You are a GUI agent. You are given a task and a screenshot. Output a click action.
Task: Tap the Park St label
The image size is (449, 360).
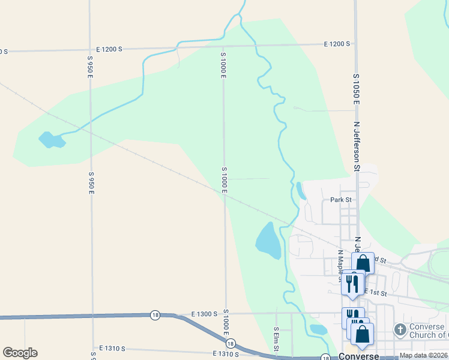tap(340, 199)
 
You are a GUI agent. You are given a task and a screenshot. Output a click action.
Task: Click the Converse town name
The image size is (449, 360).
tap(358, 356)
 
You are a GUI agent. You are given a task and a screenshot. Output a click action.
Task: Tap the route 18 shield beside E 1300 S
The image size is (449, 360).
tap(155, 315)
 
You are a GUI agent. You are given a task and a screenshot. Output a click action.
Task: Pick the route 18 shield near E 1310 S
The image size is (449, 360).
tap(231, 344)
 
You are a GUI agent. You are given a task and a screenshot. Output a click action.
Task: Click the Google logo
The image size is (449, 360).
tap(20, 353)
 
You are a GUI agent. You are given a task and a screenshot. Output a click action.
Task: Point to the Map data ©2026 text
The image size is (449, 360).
tap(423, 355)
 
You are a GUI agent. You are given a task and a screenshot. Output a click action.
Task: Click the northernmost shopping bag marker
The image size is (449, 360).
tap(363, 263)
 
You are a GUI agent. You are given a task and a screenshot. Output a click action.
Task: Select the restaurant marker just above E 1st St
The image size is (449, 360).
tap(352, 283)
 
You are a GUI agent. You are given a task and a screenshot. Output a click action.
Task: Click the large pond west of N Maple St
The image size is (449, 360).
tap(268, 241)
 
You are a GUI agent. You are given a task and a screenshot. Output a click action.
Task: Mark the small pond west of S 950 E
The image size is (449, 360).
tap(52, 140)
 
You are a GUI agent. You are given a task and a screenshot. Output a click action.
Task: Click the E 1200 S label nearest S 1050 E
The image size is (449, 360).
tap(337, 44)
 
